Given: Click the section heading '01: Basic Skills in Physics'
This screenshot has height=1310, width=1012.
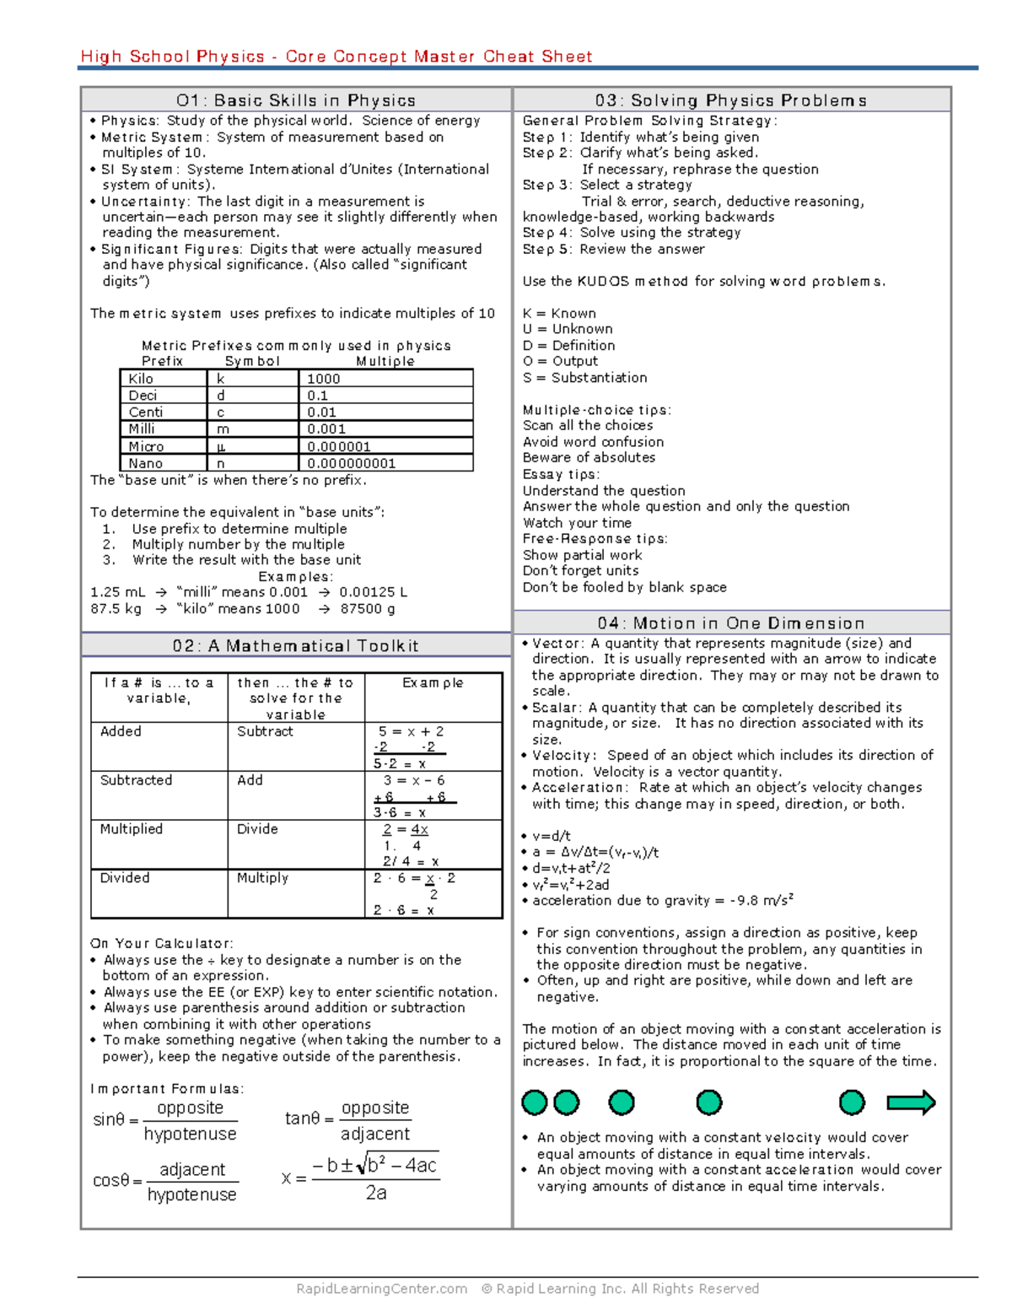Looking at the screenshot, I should (x=296, y=100).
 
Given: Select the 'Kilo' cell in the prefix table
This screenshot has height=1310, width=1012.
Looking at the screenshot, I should (x=142, y=379).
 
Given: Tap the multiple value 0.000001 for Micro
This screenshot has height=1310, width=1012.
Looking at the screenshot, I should (x=339, y=446).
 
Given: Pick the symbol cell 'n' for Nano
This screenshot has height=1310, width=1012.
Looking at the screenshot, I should (x=221, y=463).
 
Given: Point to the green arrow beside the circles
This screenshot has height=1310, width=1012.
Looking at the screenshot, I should (x=911, y=1102).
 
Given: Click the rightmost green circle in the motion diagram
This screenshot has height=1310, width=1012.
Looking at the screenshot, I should (x=852, y=1102).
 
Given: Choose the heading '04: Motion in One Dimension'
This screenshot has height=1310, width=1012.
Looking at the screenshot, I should (x=731, y=623).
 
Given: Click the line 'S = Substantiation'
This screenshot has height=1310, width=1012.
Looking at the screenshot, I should (x=585, y=377).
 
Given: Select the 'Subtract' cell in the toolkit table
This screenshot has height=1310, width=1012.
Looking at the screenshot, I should (x=265, y=731).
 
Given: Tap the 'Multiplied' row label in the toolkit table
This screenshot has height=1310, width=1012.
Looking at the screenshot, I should (x=132, y=829).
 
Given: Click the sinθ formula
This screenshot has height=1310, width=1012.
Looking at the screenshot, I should (x=165, y=1120).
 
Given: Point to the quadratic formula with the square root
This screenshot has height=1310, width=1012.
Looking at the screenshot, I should (x=361, y=1178).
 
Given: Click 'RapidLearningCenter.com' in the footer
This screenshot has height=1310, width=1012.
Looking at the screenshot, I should (x=381, y=1288).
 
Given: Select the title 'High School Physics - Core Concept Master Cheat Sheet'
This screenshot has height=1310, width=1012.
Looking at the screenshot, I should (x=336, y=57).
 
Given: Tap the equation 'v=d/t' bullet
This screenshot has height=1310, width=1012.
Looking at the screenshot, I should (x=551, y=836).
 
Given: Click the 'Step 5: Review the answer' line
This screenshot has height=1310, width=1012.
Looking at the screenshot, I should (x=613, y=249).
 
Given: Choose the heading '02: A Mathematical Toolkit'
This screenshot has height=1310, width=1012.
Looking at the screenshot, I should (x=296, y=646).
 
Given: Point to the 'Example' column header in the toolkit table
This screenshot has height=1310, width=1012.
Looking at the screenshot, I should (x=433, y=682).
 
